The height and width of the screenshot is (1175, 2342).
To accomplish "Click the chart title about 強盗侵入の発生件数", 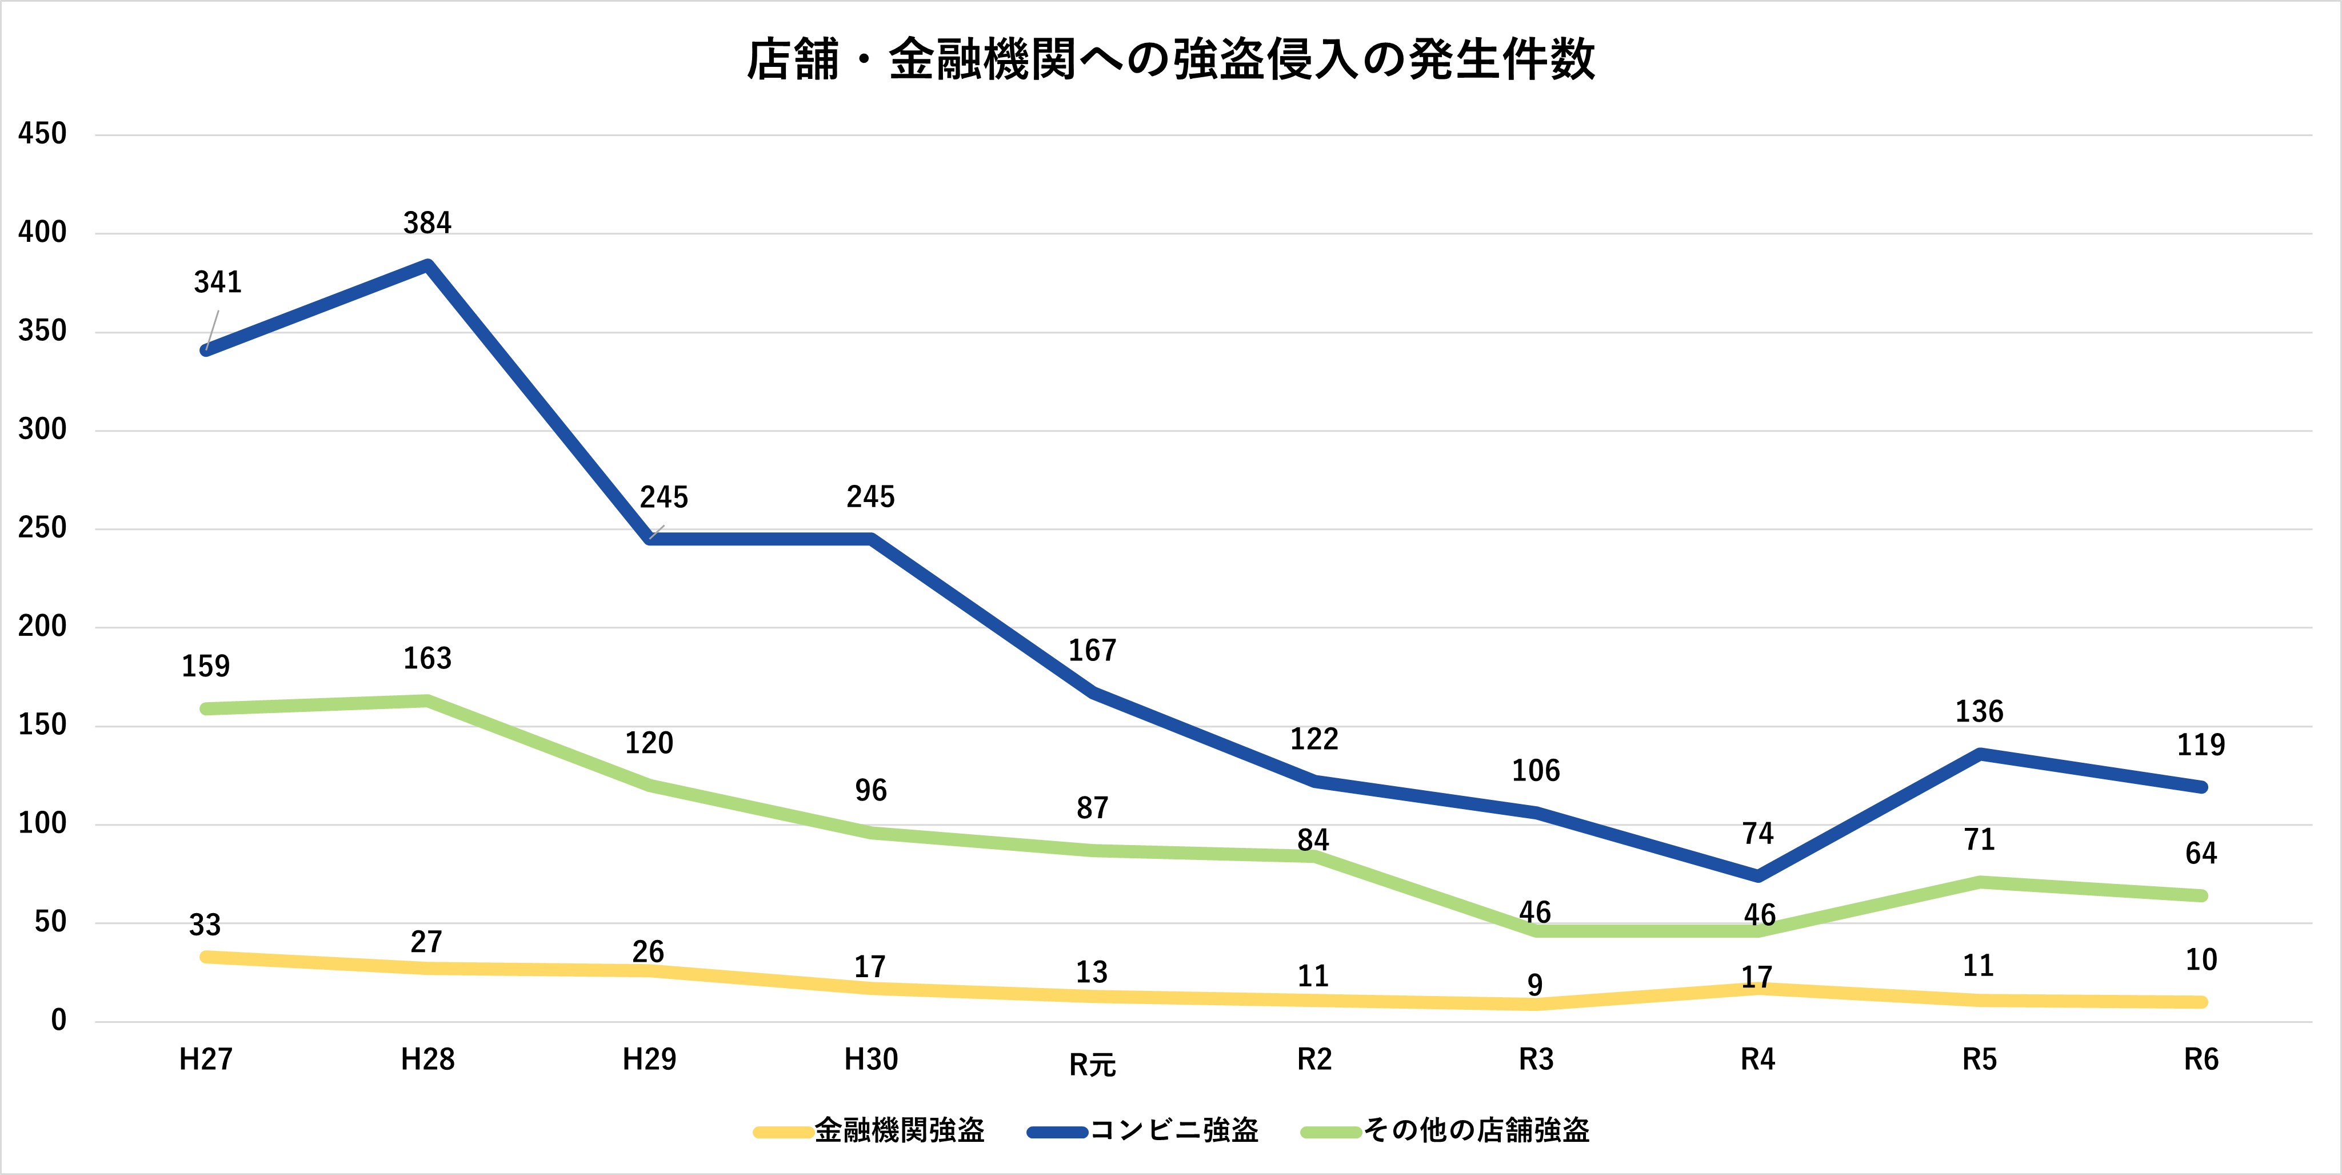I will point(1171,60).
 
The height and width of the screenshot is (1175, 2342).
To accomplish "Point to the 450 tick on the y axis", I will point(42,134).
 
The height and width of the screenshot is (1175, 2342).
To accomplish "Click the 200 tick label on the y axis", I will point(42,627).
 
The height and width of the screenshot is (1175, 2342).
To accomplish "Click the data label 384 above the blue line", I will point(427,223).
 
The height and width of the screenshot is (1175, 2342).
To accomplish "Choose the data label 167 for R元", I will point(1092,650).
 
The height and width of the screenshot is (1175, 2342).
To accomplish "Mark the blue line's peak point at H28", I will point(427,265).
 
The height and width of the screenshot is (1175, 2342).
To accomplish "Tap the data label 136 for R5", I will point(1979,711).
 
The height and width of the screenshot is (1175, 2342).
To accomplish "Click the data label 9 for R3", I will point(1534,985).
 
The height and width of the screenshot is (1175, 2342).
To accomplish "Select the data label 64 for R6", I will point(2201,853).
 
